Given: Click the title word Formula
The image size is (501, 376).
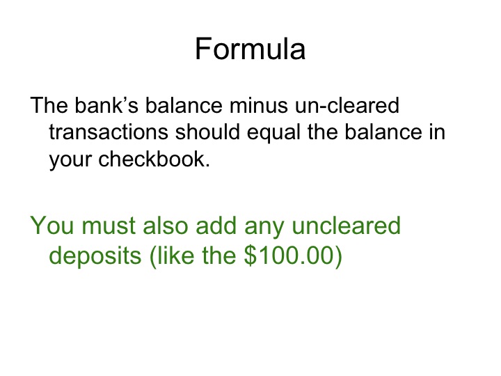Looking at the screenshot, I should [x=250, y=49].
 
